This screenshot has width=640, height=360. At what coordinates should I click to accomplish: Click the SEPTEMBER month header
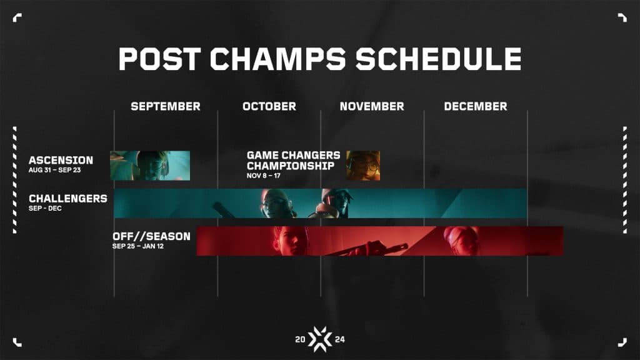[166, 106]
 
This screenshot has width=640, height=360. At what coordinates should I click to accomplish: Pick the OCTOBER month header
[269, 106]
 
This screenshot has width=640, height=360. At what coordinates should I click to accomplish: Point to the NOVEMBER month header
[372, 106]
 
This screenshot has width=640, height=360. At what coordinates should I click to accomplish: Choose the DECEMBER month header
[476, 106]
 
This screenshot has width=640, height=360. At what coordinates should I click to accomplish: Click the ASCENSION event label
[61, 161]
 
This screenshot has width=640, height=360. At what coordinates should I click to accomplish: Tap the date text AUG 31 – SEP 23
[55, 170]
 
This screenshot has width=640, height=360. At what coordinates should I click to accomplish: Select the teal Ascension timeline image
[150, 166]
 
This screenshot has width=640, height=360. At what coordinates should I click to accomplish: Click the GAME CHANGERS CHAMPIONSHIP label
[294, 160]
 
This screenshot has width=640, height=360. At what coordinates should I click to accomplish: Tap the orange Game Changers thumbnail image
[363, 166]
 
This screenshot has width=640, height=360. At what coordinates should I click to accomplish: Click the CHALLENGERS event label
[67, 199]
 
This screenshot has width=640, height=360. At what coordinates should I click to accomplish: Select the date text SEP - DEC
[45, 208]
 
